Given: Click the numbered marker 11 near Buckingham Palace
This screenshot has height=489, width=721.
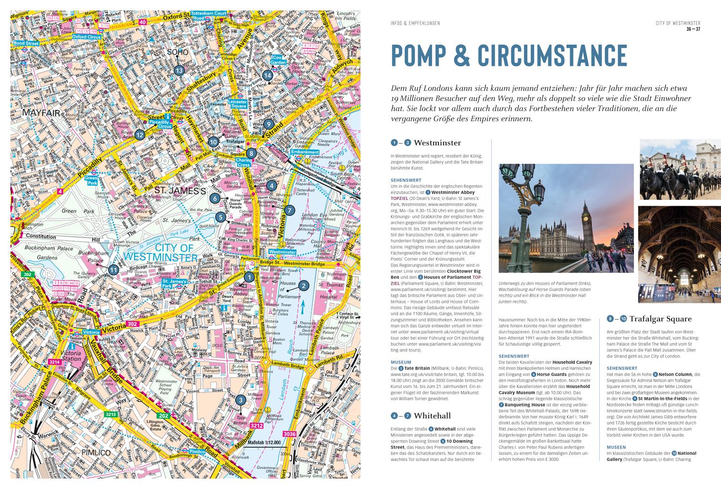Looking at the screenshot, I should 113,270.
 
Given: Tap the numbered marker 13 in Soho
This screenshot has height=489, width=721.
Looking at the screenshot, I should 179,71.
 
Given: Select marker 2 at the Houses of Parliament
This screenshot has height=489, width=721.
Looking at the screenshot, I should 303,286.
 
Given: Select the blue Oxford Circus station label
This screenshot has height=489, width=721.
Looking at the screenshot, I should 86,36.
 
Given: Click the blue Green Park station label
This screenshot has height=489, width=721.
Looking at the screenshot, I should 91,180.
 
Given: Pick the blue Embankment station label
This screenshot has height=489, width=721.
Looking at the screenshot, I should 305,152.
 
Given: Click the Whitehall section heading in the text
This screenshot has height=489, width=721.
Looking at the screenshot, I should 432,415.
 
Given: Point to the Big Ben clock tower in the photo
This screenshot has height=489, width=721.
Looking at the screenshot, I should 587,216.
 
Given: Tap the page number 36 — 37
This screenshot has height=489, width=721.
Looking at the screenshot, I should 693,30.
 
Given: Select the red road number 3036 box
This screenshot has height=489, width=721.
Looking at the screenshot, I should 290,435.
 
